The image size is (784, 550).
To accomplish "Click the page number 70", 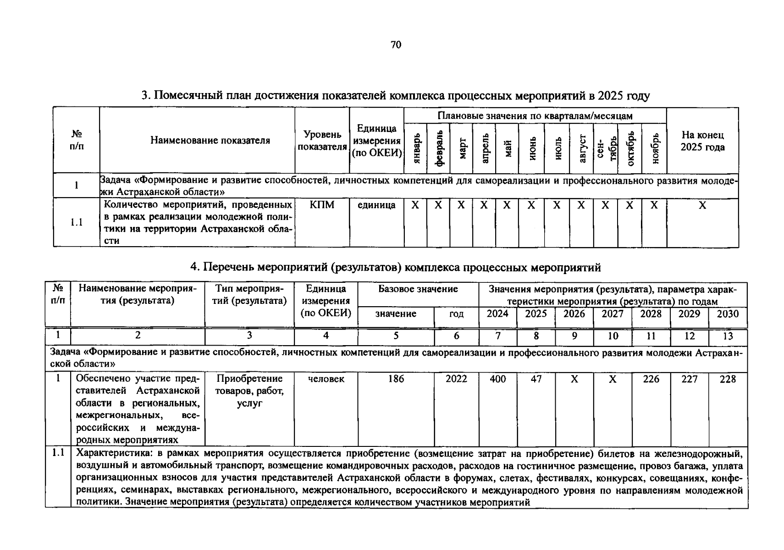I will tap(396, 44).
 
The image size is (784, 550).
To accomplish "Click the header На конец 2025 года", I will tap(702, 141).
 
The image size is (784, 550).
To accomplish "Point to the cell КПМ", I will tap(322, 205).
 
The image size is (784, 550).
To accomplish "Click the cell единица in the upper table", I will tap(376, 205).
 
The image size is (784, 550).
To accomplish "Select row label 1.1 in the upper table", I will tap(77, 222).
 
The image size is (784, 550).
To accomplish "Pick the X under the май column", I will tap(507, 205).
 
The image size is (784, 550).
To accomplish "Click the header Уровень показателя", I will tap(322, 141).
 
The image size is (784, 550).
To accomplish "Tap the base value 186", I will tap(396, 379).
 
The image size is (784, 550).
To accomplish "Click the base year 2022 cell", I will tap(456, 379).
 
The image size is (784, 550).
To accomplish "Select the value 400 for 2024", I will tap(497, 379).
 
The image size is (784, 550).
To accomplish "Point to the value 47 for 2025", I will tap(536, 379).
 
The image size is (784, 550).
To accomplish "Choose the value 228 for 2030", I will tap(728, 379).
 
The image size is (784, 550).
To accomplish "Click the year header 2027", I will tap(613, 313).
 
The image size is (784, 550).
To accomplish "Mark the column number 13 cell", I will tap(728, 336).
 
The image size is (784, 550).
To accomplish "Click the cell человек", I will tap(326, 379).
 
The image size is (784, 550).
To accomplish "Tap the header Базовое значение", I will tap(418, 289).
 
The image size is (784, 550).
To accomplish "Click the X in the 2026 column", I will tap(574, 379).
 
